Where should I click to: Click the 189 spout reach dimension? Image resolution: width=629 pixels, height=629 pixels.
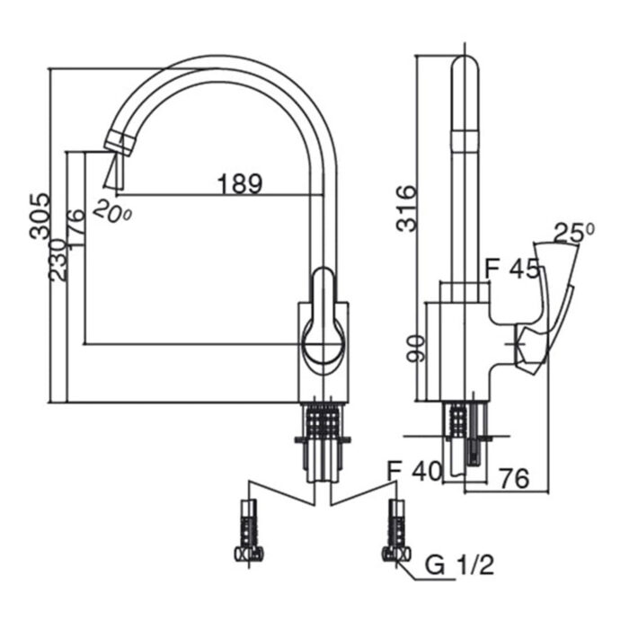point(239,183)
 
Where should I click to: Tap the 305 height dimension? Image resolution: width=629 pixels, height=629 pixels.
point(39,216)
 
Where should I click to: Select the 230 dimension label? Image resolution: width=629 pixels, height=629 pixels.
point(58,260)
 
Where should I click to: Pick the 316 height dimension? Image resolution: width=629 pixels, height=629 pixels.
point(408,208)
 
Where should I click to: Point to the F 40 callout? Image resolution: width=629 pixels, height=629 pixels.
point(413,471)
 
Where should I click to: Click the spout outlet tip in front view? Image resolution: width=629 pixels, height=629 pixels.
point(118,140)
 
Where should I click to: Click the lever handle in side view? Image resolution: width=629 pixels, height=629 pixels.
point(548,306)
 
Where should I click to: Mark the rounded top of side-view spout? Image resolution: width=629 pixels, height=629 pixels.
point(464,68)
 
